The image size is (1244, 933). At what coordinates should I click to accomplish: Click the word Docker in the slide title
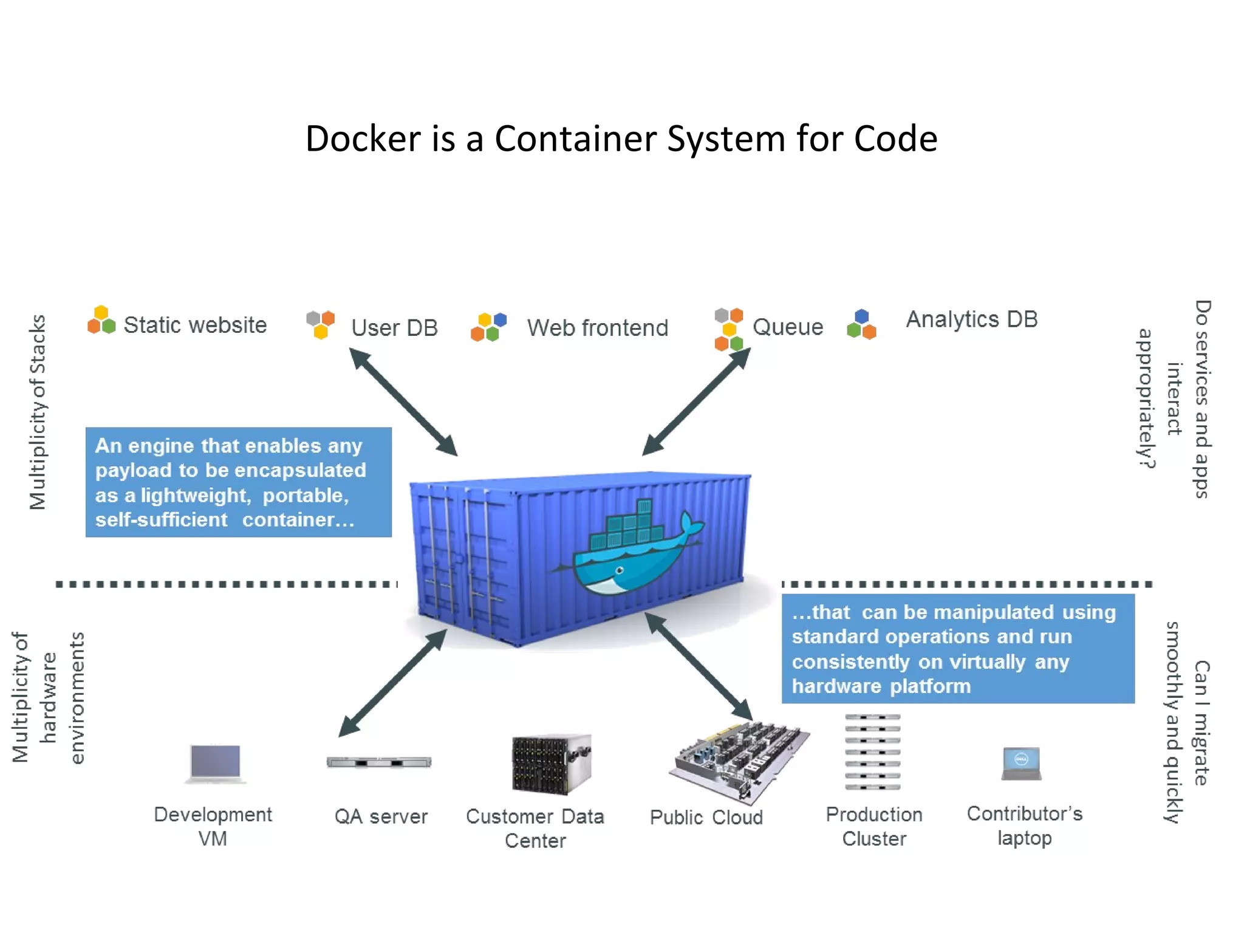tap(363, 139)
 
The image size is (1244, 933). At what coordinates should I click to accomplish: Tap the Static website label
tap(195, 325)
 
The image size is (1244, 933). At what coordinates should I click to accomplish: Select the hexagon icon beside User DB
tap(321, 324)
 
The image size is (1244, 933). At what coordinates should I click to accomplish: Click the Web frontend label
tap(597, 328)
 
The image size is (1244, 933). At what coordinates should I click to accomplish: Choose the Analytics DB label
tap(971, 320)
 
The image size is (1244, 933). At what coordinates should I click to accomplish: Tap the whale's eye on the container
tap(620, 570)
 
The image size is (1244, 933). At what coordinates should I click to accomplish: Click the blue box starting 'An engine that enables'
tap(238, 482)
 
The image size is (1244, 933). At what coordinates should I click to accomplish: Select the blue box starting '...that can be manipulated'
tap(957, 649)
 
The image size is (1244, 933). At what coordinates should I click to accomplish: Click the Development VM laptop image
tap(215, 764)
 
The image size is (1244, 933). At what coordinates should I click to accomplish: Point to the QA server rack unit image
tap(379, 762)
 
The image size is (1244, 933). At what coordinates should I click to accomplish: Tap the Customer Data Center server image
tap(551, 764)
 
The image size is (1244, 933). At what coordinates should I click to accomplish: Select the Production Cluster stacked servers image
tap(872, 752)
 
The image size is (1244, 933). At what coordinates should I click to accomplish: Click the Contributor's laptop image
tap(1022, 764)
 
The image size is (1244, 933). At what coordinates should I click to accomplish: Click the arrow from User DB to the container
tap(403, 402)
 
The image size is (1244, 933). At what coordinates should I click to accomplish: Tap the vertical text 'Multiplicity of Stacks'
tap(38, 412)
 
